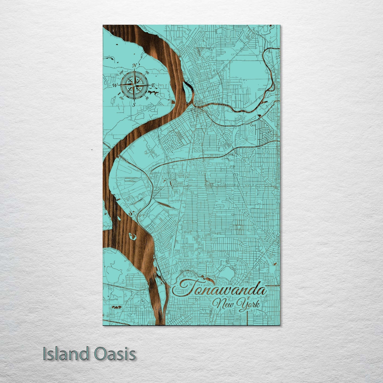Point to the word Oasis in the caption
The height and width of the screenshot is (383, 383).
[x=115, y=354]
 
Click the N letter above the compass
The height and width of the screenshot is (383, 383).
[x=134, y=65]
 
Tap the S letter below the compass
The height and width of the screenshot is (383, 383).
[x=134, y=104]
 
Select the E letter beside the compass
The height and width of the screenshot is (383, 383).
[x=153, y=85]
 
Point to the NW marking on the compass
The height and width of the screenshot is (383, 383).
[x=122, y=72]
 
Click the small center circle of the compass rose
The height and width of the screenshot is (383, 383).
[x=134, y=85]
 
